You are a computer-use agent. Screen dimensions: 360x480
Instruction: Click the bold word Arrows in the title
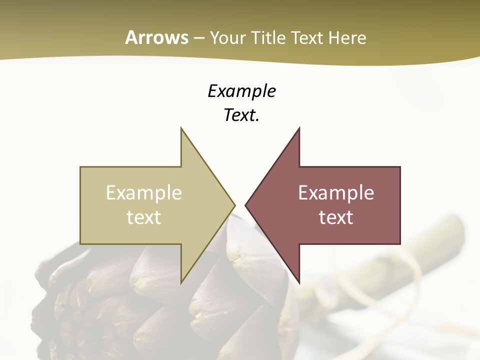pyautogui.click(x=156, y=37)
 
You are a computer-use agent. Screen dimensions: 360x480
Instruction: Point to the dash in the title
pyautogui.click(x=199, y=38)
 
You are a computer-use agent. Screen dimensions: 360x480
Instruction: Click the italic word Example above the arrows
pyautogui.click(x=241, y=91)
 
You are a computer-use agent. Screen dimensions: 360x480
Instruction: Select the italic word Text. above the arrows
pyautogui.click(x=241, y=115)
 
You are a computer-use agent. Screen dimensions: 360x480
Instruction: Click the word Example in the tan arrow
pyautogui.click(x=144, y=192)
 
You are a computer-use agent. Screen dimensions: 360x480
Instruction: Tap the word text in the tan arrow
pyautogui.click(x=144, y=217)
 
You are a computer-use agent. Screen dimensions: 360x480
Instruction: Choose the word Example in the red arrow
pyautogui.click(x=336, y=192)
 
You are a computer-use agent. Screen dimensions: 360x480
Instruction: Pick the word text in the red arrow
pyautogui.click(x=336, y=217)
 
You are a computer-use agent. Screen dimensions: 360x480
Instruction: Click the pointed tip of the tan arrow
pyautogui.click(x=234, y=205)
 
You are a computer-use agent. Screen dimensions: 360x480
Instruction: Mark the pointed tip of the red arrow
pyautogui.click(x=246, y=205)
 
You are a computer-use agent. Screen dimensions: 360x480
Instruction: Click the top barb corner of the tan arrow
pyautogui.click(x=181, y=129)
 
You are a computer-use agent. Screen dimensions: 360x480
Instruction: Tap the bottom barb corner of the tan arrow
pyautogui.click(x=181, y=282)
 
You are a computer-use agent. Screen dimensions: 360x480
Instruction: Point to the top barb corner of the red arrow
pyautogui.click(x=299, y=129)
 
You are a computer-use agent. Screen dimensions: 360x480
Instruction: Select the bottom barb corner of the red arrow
pyautogui.click(x=299, y=282)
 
